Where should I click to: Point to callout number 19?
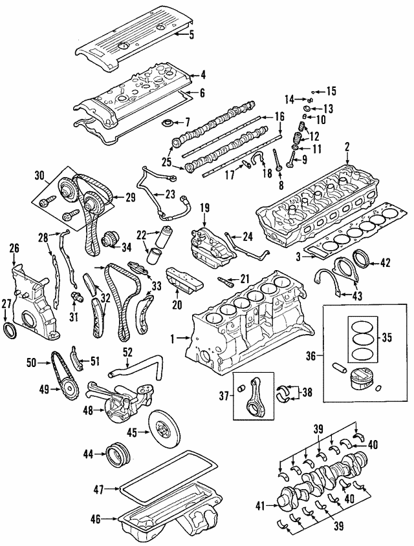[x=205, y=208]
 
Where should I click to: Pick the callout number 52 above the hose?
[x=127, y=353]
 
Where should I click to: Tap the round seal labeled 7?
[x=170, y=123]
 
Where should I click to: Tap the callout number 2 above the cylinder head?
[x=346, y=148]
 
